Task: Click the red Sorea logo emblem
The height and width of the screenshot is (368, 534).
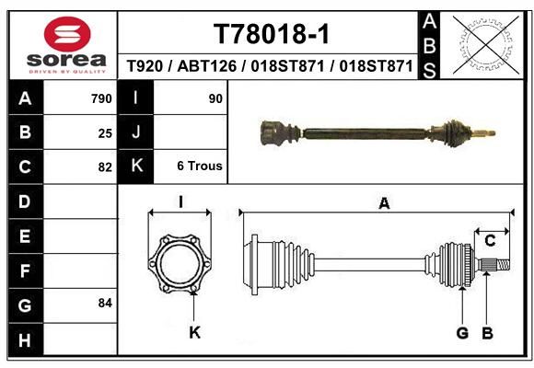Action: click(67, 34)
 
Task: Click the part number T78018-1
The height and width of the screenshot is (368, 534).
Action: click(272, 34)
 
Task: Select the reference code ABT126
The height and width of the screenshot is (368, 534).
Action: click(207, 65)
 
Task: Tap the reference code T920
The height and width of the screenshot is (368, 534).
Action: click(145, 65)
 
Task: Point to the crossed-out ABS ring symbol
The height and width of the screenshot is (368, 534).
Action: click(486, 45)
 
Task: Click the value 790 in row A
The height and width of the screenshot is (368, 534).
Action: click(101, 98)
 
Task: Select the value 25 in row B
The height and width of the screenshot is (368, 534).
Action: click(105, 133)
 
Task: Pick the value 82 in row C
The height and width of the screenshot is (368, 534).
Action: click(105, 167)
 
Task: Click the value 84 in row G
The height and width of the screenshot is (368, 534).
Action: click(105, 303)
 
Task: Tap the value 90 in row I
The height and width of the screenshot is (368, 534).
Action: click(215, 98)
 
